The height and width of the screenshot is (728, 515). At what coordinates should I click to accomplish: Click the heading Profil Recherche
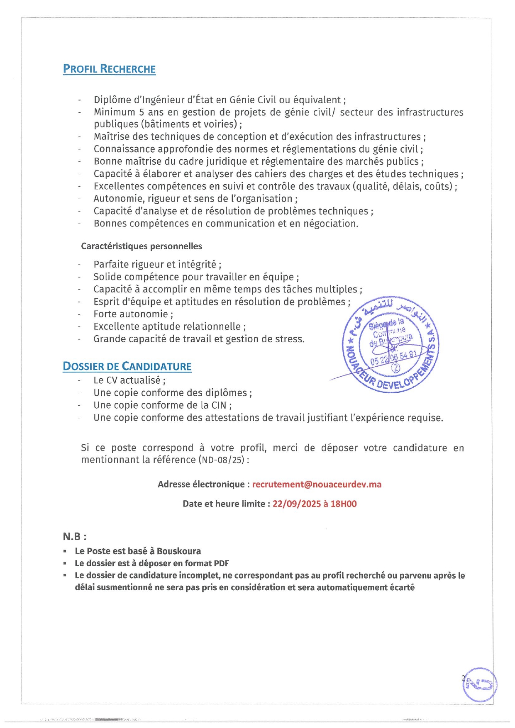click(x=109, y=69)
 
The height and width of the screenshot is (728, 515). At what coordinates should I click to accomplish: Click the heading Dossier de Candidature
click(x=127, y=366)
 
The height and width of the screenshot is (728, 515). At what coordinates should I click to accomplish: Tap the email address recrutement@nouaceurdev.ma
click(x=317, y=484)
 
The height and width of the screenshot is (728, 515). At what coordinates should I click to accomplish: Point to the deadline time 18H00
click(x=344, y=504)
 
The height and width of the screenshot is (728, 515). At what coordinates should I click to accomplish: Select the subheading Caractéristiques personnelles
click(x=142, y=246)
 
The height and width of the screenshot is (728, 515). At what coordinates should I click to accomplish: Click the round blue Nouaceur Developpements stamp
click(x=390, y=344)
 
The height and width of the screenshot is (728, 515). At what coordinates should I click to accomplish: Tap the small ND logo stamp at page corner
click(x=480, y=684)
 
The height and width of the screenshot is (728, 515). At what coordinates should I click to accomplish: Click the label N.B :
click(x=75, y=536)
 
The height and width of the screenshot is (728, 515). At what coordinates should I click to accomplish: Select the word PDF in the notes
click(x=221, y=563)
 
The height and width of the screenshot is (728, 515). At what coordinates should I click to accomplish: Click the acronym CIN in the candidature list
click(x=219, y=405)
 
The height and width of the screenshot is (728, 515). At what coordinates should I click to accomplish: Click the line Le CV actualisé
click(x=129, y=380)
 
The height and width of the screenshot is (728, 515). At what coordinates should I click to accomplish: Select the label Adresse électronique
click(x=203, y=484)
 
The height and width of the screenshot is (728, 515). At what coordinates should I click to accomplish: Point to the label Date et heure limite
click(x=226, y=504)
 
